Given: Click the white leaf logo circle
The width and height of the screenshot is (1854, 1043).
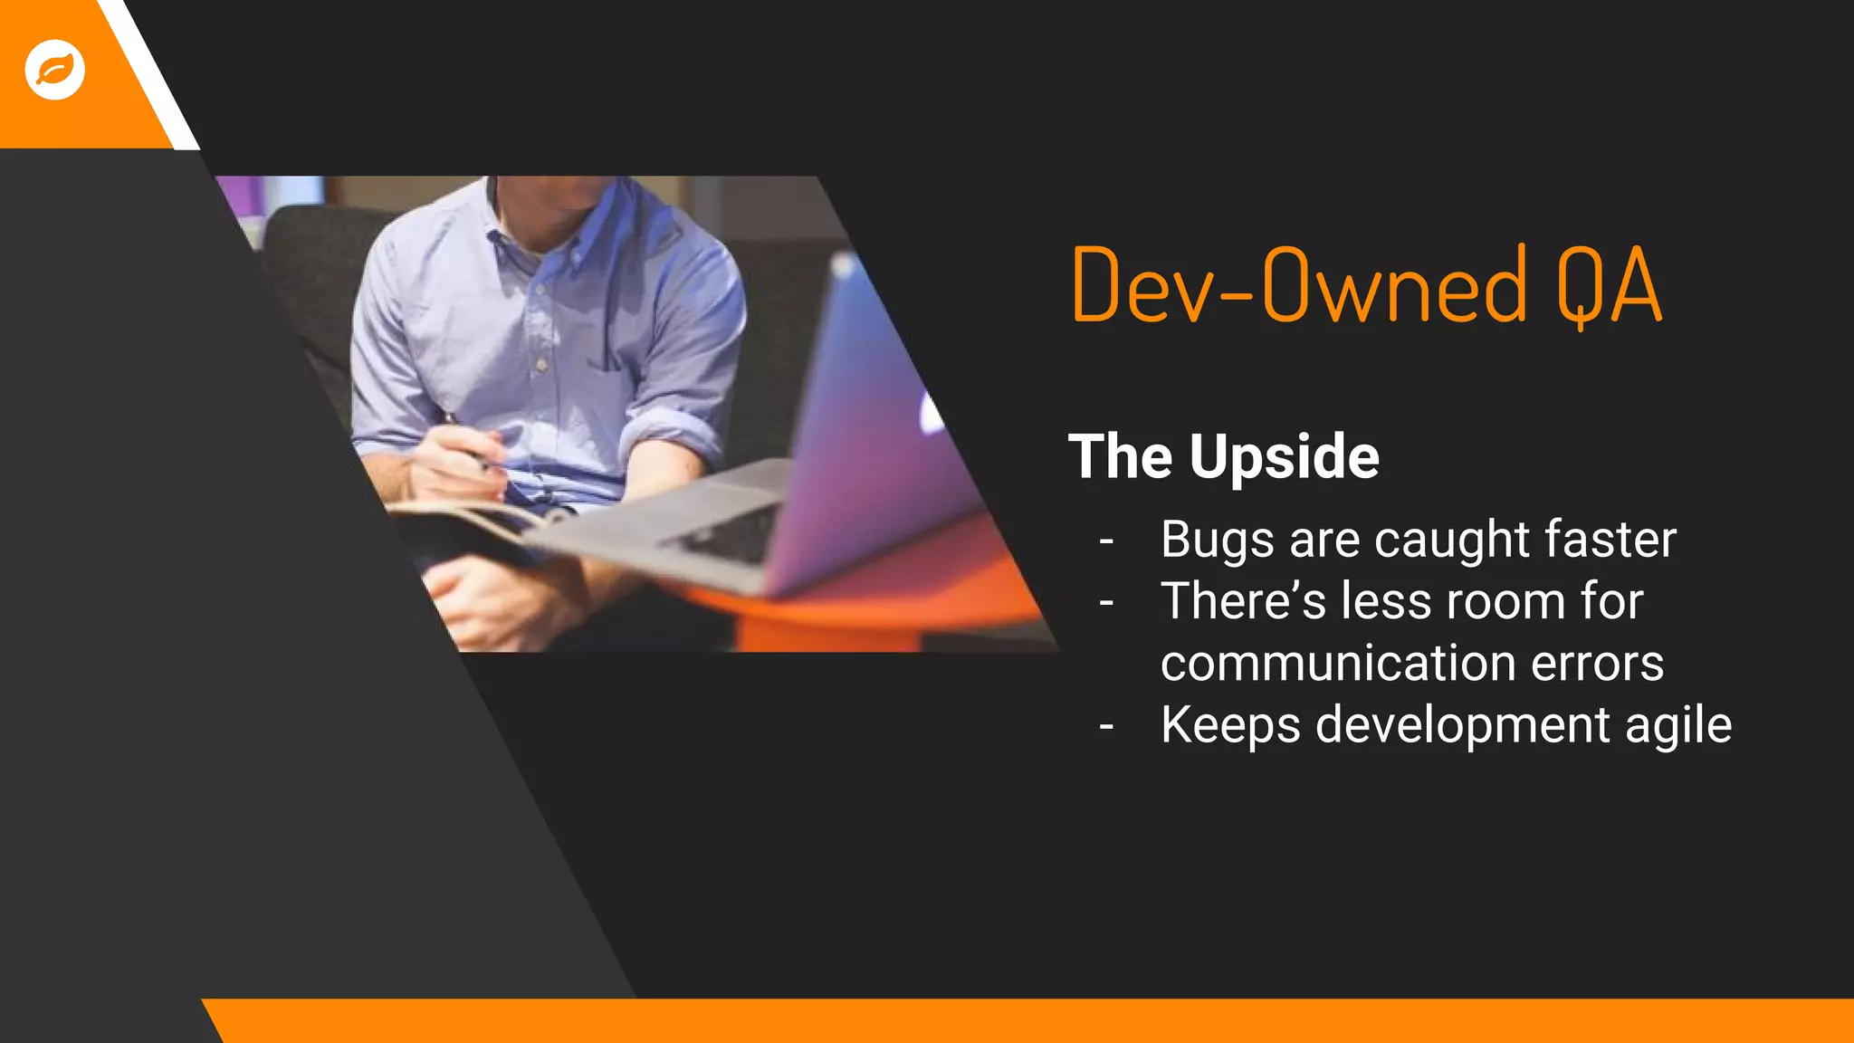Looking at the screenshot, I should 54,70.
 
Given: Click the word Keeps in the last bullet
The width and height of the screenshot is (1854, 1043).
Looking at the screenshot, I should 1230,726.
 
